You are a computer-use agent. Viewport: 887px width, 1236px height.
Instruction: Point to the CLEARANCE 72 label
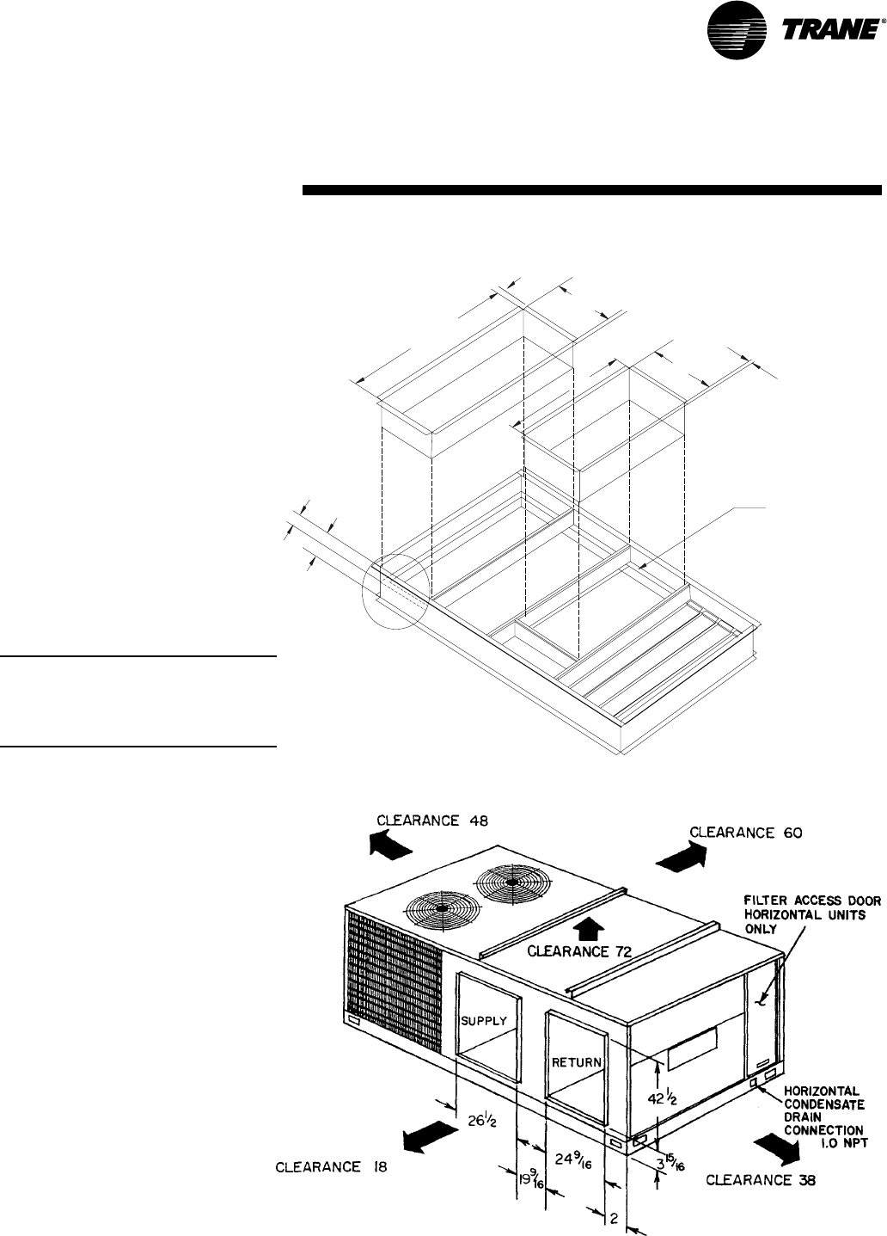point(578,951)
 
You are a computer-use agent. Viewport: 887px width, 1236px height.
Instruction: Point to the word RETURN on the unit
point(577,1061)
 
